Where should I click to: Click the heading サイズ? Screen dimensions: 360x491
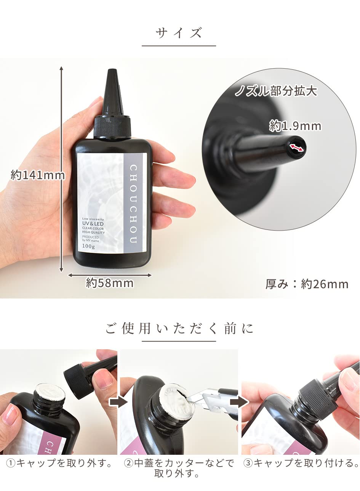[x=179, y=33]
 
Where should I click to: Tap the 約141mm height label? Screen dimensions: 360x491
[x=38, y=175]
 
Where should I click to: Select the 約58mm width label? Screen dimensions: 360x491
[x=110, y=283]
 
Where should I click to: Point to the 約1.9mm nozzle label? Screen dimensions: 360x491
[x=295, y=126]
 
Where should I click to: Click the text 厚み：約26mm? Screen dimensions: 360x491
[x=307, y=284]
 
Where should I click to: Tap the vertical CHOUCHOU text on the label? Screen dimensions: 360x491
[x=133, y=204]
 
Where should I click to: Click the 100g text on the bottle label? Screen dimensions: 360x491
[x=88, y=246]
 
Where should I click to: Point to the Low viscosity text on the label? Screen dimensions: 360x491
[x=93, y=219]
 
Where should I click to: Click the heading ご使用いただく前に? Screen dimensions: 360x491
[x=179, y=329]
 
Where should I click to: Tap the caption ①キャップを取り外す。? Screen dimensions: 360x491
[x=59, y=463]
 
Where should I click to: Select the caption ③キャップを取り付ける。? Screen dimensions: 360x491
[x=301, y=463]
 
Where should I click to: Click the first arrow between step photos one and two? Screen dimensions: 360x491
[x=118, y=403]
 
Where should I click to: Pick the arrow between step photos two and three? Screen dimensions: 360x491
[x=239, y=403]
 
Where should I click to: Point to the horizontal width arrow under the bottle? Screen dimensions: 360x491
[x=110, y=275]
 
